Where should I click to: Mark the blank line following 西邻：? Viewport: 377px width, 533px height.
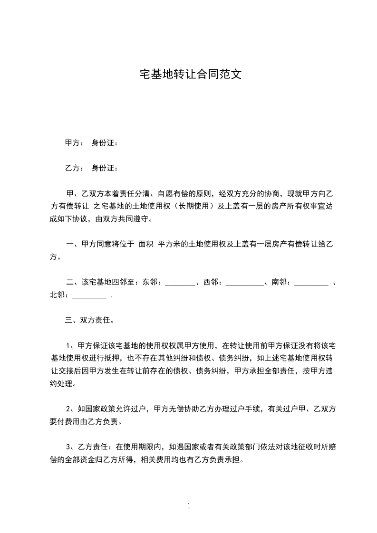(244, 283)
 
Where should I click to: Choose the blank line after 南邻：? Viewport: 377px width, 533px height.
(311, 283)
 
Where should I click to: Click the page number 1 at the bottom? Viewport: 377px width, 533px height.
(189, 506)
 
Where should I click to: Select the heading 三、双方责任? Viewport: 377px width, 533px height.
(88, 320)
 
